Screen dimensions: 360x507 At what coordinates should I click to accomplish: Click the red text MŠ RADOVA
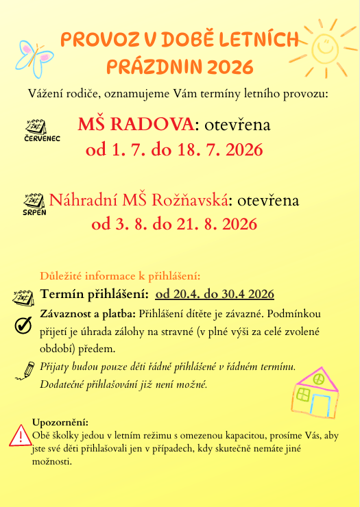pos(136,125)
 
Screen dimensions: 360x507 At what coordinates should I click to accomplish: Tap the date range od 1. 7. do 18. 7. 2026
pos(174,149)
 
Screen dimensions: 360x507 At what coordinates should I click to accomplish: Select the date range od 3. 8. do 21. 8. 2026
pos(174,224)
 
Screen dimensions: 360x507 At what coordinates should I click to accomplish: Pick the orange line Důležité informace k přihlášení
pos(120,276)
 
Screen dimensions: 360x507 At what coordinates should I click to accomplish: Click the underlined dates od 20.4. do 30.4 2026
pos(215,295)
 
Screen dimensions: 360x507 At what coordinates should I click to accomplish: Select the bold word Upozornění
pos(60,423)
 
